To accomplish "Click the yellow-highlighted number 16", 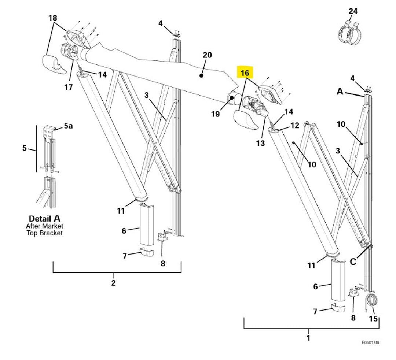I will pyautogui.click(x=245, y=73).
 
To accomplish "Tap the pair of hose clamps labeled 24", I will pyautogui.click(x=349, y=34).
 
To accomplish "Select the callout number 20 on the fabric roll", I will pyautogui.click(x=207, y=55).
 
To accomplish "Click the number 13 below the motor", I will pyautogui.click(x=260, y=143).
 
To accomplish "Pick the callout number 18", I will pyautogui.click(x=53, y=18).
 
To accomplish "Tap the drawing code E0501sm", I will pyautogui.click(x=370, y=342).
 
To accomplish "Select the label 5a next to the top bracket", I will pyautogui.click(x=68, y=126).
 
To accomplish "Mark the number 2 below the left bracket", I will pyautogui.click(x=114, y=282).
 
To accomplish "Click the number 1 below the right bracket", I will pyautogui.click(x=308, y=337).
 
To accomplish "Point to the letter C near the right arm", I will pyautogui.click(x=353, y=261).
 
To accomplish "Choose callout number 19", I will pyautogui.click(x=215, y=114).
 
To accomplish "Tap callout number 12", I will pyautogui.click(x=295, y=125).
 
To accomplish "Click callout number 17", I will pyautogui.click(x=69, y=87).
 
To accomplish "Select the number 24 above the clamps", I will pyautogui.click(x=353, y=11).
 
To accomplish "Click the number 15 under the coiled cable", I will pyautogui.click(x=373, y=319).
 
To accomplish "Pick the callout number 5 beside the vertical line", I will pyautogui.click(x=25, y=148).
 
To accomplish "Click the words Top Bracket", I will pyautogui.click(x=44, y=233).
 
